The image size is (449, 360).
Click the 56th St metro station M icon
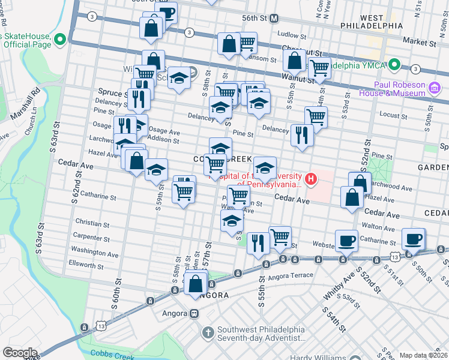[x=274, y=18]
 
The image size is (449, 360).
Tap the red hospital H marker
[x=311, y=178]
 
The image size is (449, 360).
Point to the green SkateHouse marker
[x=59, y=40]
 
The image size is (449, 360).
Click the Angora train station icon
[x=194, y=313]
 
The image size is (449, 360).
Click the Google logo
[x=19, y=353]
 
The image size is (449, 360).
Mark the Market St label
[x=420, y=43]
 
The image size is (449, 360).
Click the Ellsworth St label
[x=86, y=264]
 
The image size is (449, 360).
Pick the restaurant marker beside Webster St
[x=258, y=242]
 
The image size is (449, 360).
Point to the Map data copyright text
[x=423, y=355]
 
